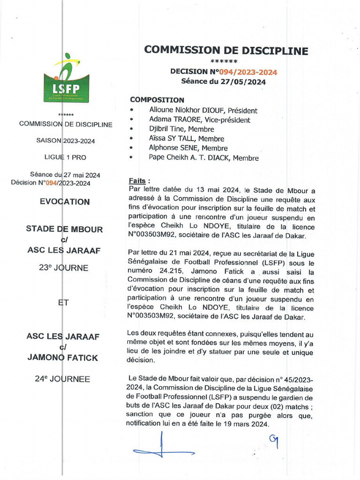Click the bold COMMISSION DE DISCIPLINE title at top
tap(226, 51)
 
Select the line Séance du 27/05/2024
tap(224, 82)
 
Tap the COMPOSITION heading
tap(157, 100)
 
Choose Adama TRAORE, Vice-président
tap(199, 120)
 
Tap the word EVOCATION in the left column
tap(65, 202)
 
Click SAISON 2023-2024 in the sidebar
tap(66, 141)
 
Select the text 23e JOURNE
tap(63, 268)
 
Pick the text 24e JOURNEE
tap(62, 379)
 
